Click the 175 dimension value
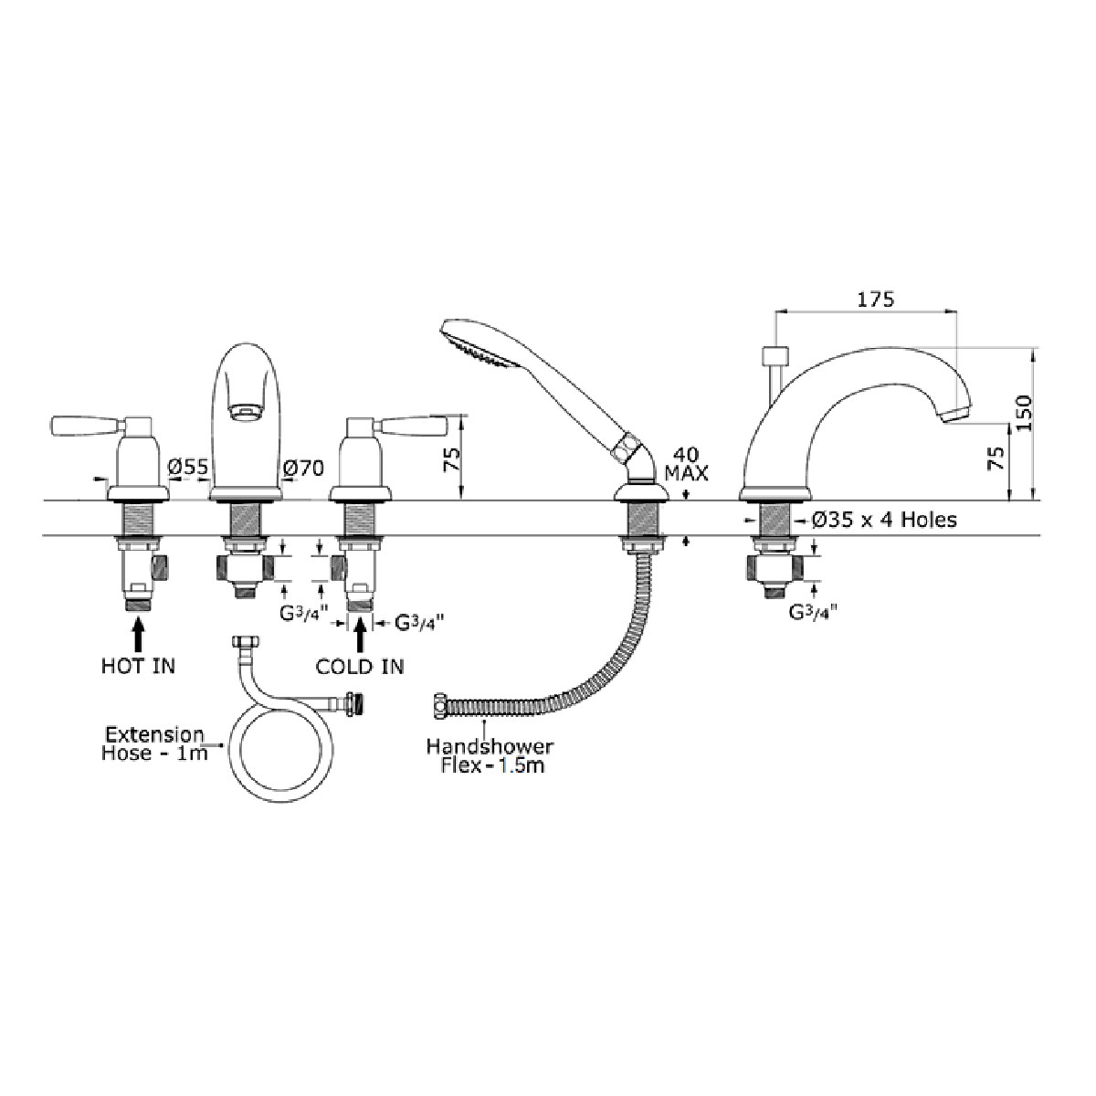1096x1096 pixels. pyautogui.click(x=876, y=300)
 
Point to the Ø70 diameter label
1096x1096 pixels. pyautogui.click(x=303, y=469)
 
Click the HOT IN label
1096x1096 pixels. pyautogui.click(x=138, y=666)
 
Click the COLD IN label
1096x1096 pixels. pyautogui.click(x=360, y=667)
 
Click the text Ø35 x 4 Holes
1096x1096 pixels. pyautogui.click(x=884, y=520)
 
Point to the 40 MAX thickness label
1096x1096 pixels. pyautogui.click(x=687, y=464)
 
